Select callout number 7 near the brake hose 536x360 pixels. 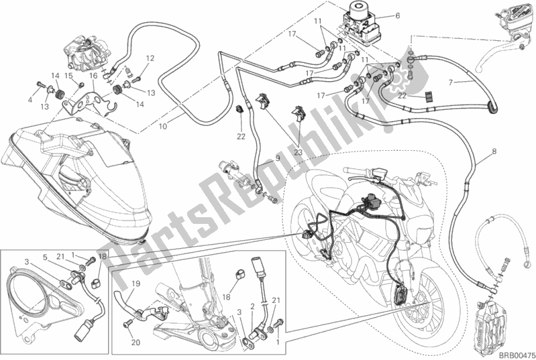click(451, 82)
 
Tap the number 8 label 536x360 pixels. click(494, 152)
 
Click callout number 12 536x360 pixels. click(150, 58)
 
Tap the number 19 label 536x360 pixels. click(134, 284)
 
